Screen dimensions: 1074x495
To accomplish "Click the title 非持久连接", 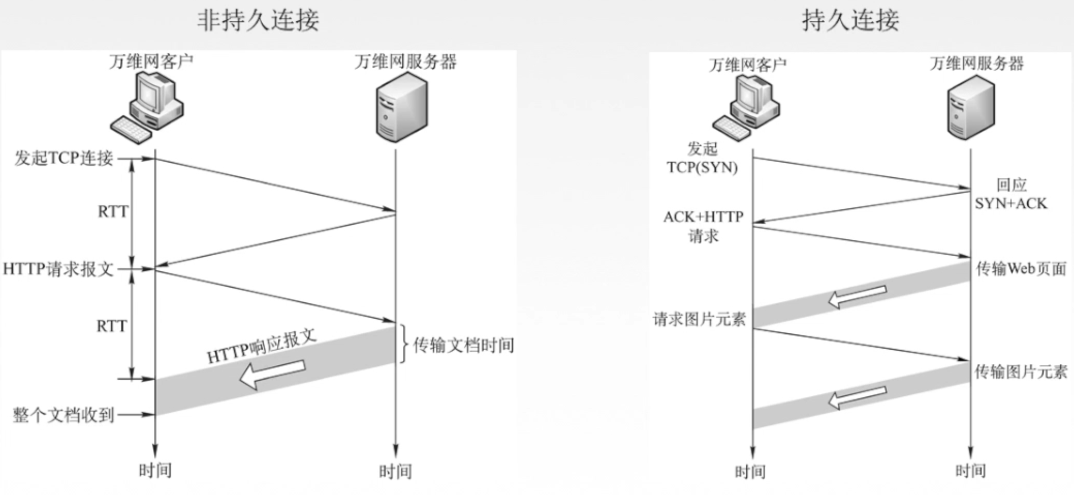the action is click(258, 21).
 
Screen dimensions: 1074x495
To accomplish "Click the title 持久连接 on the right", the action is click(850, 21).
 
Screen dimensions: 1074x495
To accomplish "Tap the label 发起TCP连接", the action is click(64, 158).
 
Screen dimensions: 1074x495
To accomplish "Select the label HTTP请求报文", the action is click(58, 269).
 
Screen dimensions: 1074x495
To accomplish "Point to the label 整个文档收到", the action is click(64, 414).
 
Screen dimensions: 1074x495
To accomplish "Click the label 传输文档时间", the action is click(463, 345).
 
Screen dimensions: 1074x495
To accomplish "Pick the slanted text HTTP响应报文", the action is click(261, 346).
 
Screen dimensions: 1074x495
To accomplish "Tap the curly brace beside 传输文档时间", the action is click(402, 344).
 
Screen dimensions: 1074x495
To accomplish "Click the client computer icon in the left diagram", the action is click(147, 107).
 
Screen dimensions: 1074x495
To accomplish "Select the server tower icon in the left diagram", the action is click(402, 107).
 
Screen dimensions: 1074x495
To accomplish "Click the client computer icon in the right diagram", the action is click(746, 107).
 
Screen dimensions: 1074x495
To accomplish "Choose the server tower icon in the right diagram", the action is click(971, 107).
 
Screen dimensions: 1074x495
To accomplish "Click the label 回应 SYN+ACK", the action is click(1011, 194).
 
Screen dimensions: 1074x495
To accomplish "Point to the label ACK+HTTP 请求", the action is click(703, 226).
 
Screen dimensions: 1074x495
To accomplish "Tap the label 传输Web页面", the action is click(1021, 269).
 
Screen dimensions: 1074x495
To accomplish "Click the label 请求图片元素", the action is click(700, 319).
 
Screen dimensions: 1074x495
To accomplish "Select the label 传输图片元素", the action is click(1021, 372).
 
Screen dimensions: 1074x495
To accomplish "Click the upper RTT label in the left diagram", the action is click(113, 211).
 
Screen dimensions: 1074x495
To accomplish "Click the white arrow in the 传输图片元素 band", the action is click(857, 398).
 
